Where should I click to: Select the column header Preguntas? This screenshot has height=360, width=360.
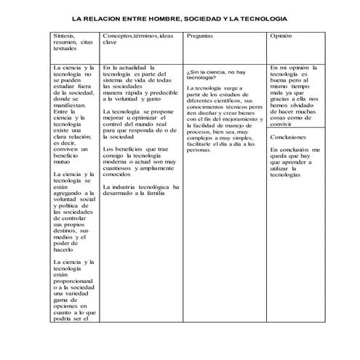[x=200, y=36]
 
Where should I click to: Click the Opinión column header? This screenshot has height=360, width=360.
[x=281, y=36]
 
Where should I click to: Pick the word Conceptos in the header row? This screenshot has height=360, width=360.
[x=119, y=36]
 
